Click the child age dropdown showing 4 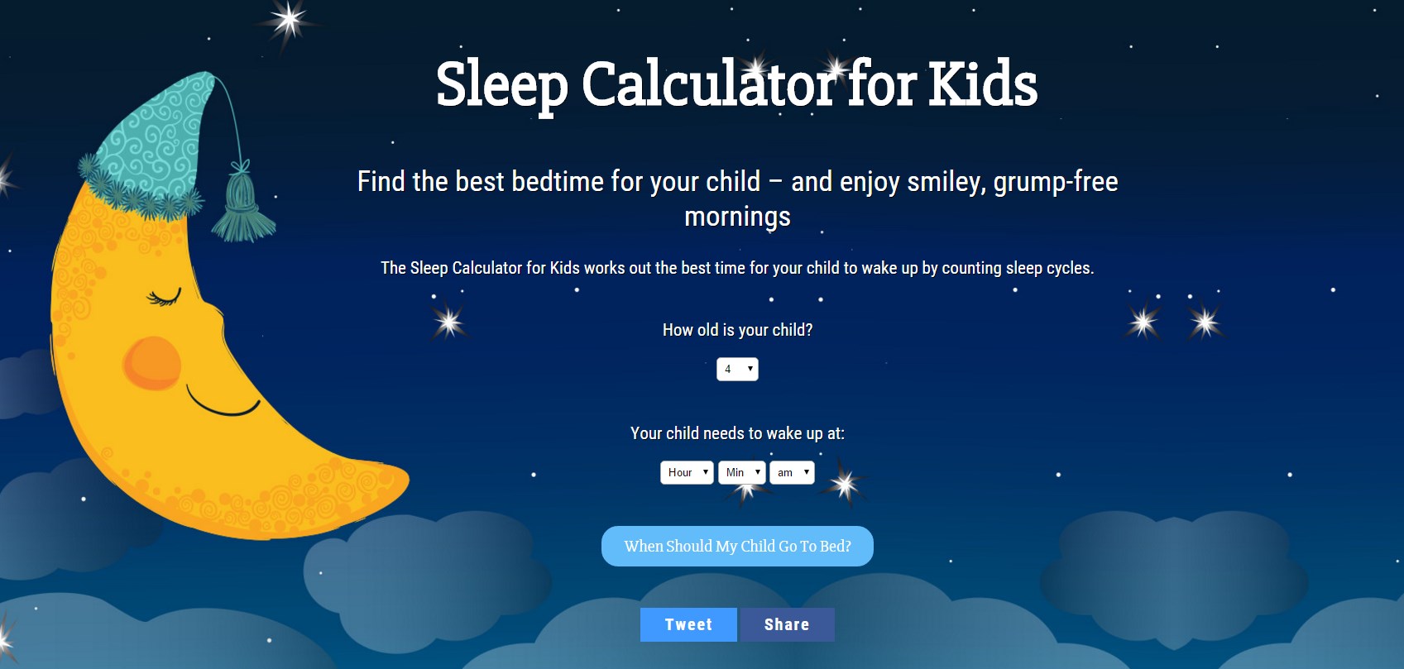[737, 369]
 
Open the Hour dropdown [687, 472]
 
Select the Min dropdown [741, 472]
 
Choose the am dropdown [793, 472]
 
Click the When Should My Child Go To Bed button [737, 547]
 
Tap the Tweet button [688, 624]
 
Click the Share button [787, 624]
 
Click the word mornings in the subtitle [737, 217]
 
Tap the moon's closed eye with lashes [164, 297]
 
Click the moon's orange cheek [151, 363]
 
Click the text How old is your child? [737, 330]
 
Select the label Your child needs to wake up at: [737, 433]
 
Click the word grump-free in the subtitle [1056, 182]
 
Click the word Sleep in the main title [502, 85]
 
